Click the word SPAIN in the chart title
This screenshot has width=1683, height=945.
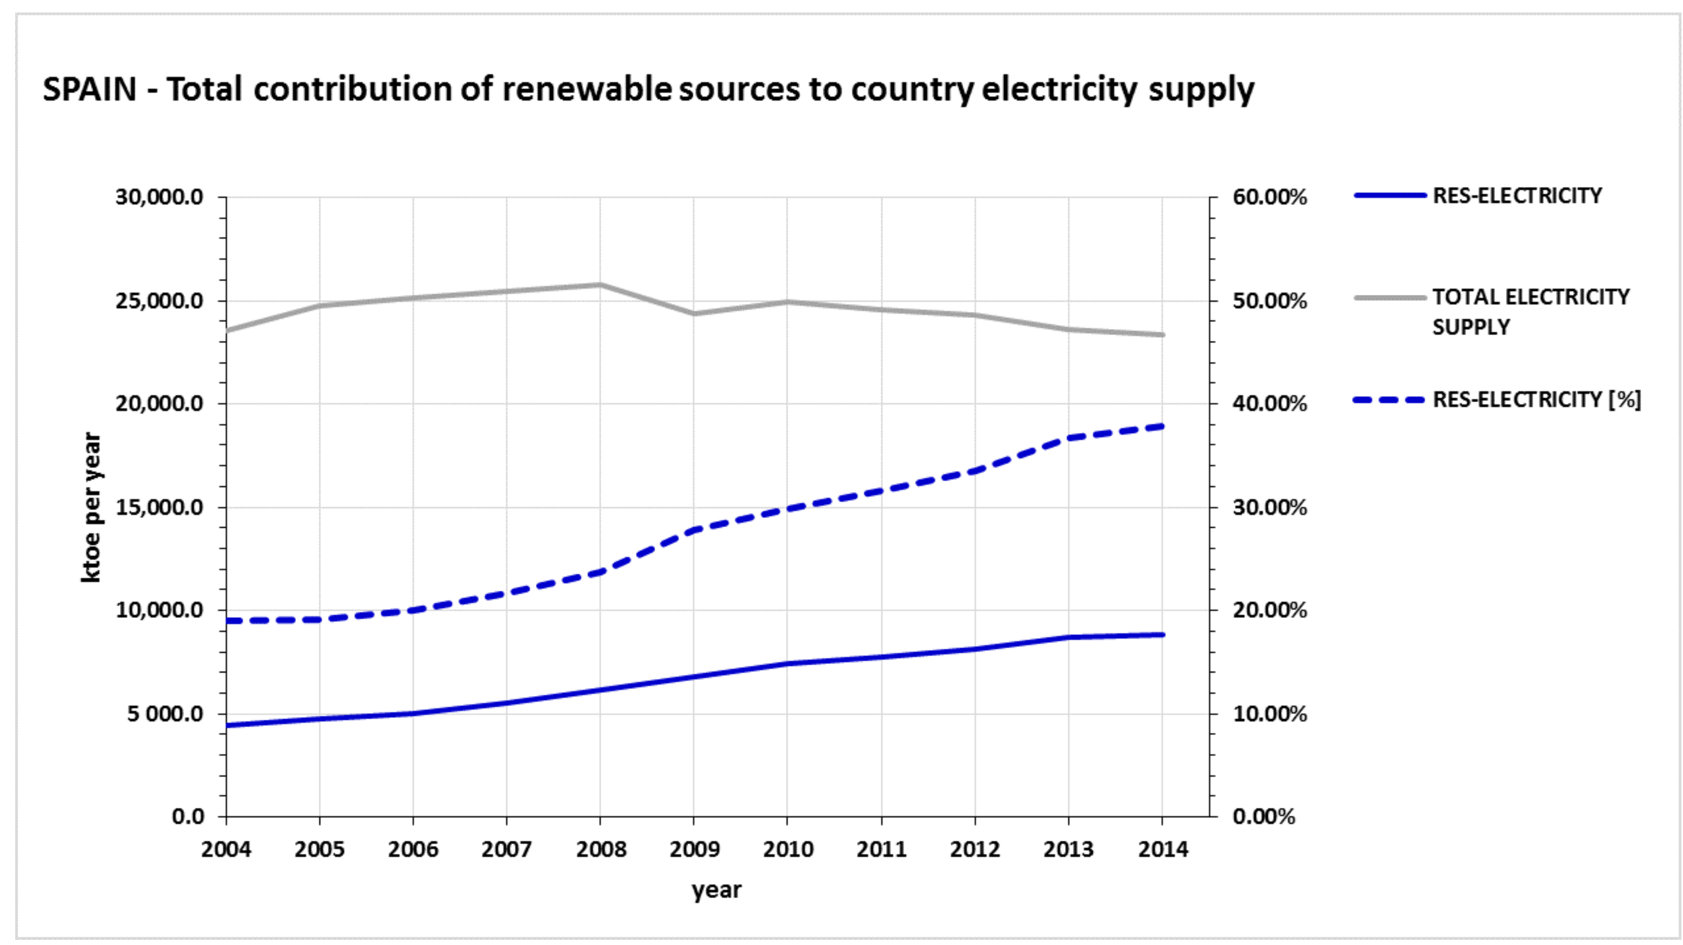coord(90,90)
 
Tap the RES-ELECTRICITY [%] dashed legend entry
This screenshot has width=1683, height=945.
coord(1536,399)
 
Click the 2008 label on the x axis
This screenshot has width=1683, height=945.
coord(600,849)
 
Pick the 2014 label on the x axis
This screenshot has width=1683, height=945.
coord(1162,849)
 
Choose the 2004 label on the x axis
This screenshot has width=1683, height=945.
coord(226,849)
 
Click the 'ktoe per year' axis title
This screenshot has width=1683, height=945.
coord(91,507)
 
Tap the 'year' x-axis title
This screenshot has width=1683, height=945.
coord(717,890)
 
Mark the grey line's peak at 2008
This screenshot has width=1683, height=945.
coord(600,285)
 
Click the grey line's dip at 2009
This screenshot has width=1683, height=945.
coord(694,313)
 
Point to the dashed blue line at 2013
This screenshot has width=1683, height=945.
coord(1069,437)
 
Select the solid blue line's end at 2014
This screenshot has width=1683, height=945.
coord(1162,634)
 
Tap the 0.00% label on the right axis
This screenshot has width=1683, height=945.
coord(1264,816)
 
